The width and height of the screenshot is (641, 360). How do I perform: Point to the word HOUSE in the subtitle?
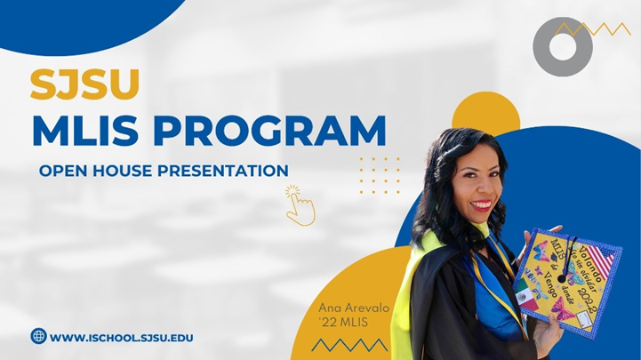click(120, 170)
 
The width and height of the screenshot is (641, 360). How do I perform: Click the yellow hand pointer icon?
click(299, 205)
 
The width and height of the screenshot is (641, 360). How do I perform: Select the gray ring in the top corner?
click(562, 47)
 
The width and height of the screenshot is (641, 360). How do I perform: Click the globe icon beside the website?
click(38, 336)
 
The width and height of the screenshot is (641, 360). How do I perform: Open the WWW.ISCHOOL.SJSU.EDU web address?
click(122, 337)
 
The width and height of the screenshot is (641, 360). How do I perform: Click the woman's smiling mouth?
click(481, 205)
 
